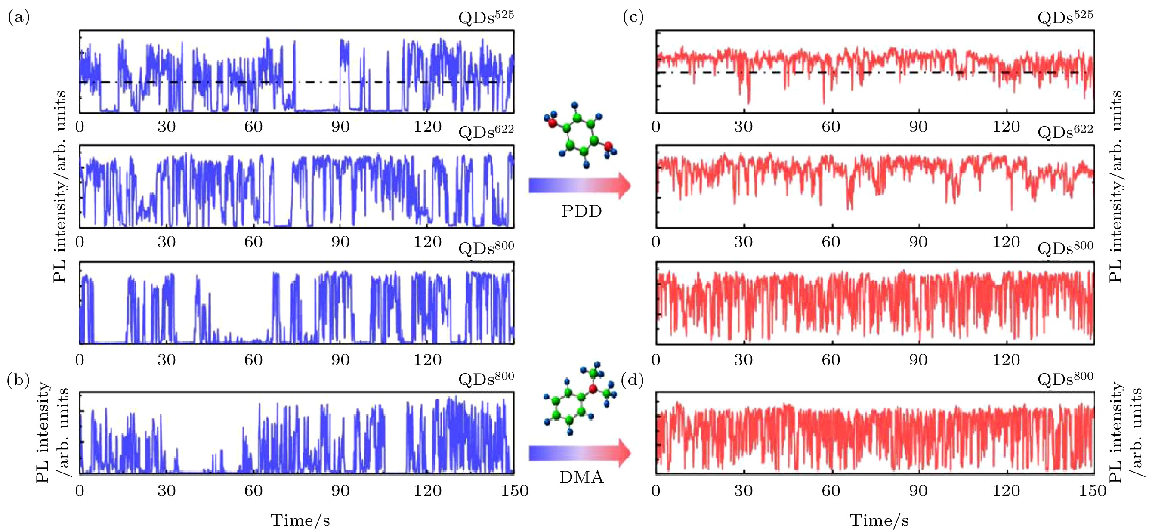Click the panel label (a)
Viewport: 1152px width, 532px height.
pos(19,18)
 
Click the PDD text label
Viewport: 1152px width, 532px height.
pos(581,211)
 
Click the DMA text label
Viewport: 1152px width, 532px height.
pos(581,477)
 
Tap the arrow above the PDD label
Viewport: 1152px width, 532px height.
pos(580,185)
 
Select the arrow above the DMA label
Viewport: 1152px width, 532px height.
pos(580,453)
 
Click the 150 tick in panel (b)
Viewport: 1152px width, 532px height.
pos(515,491)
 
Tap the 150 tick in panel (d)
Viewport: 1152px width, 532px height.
pos(1093,491)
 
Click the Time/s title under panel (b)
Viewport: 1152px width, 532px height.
pos(300,520)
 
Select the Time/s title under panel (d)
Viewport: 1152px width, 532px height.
pos(879,520)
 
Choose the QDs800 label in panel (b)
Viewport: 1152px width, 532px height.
pos(486,378)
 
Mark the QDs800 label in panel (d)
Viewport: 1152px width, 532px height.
pos(1065,378)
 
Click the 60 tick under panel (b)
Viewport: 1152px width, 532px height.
pos(253,491)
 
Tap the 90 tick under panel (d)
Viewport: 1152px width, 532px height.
pos(917,491)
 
